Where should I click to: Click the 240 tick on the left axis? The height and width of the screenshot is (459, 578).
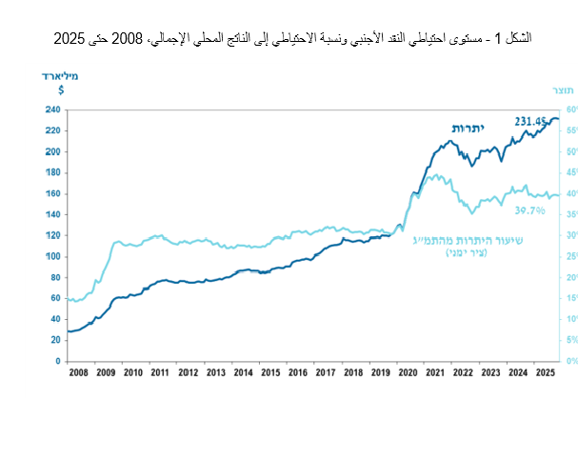coord(52,110)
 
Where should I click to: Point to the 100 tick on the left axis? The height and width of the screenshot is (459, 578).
coord(52,256)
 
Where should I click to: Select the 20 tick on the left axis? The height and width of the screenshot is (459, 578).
coord(55,340)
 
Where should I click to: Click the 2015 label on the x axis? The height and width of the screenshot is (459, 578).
coord(270,373)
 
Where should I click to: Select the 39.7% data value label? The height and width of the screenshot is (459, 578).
coord(529,210)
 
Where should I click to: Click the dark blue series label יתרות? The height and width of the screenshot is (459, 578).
coord(467,128)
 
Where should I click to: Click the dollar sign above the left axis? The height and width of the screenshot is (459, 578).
coord(61,90)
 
